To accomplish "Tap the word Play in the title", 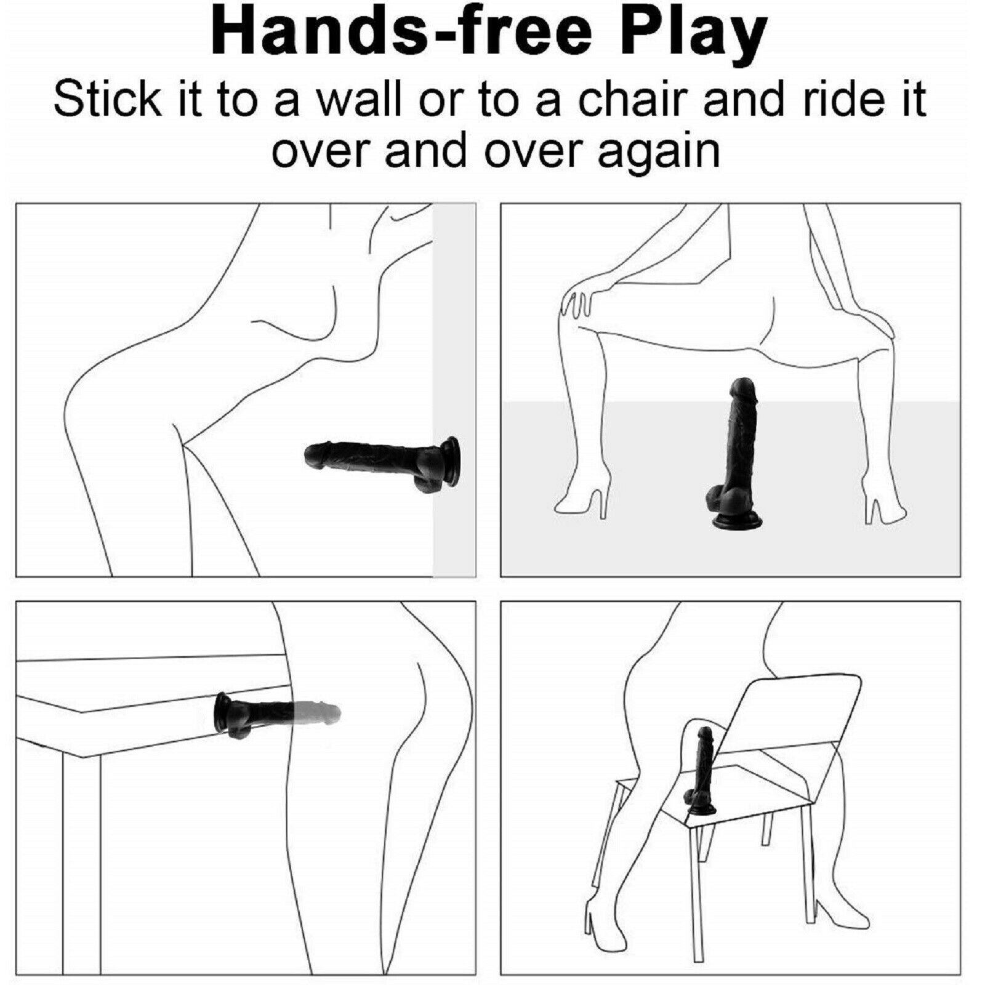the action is click(691, 37).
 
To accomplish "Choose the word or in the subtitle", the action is click(442, 103).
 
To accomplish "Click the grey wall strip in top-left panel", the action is click(454, 390).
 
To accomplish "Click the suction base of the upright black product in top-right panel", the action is click(738, 521).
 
